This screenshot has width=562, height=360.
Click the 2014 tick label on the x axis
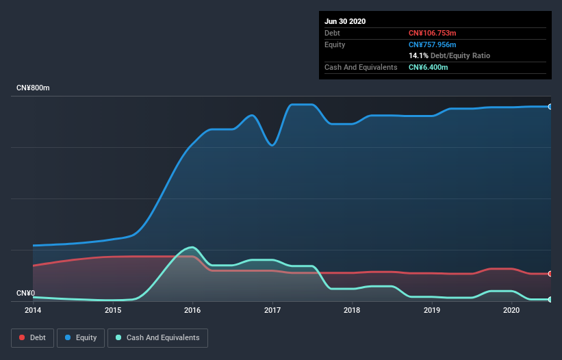pos(33,310)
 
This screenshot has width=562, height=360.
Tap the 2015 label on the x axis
pos(113,310)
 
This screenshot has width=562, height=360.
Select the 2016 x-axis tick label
pos(192,310)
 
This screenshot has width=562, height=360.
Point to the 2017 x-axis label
pos(272,310)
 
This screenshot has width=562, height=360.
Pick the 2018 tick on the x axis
pos(352,310)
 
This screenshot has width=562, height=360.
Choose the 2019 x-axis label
pos(432,310)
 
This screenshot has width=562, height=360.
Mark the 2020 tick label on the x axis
pos(511,310)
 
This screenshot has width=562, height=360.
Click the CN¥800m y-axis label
pos(33,88)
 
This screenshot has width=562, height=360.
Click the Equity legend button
pos(81,337)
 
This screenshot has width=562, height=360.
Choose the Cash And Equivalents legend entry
pos(157,337)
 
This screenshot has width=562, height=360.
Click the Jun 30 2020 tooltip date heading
pos(345,21)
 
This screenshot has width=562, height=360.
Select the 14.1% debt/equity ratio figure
pos(418,55)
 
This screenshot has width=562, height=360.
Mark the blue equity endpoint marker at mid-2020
pos(550,107)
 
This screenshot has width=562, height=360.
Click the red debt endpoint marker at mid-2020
pos(550,274)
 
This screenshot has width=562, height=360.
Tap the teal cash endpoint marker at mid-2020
pos(550,299)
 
